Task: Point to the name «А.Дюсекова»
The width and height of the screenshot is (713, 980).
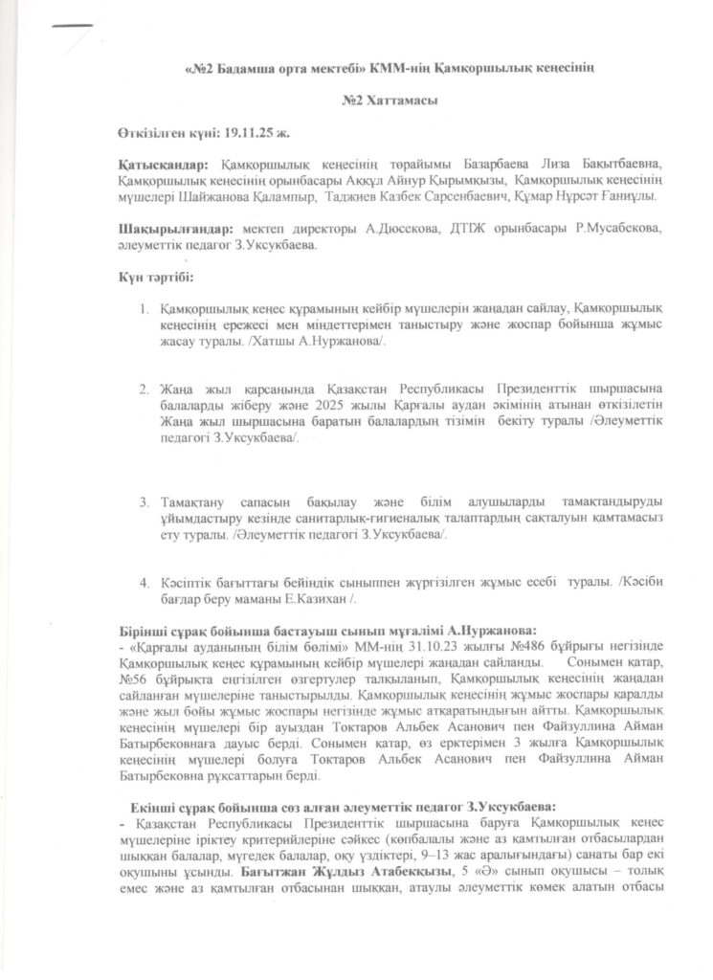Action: point(392,230)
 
